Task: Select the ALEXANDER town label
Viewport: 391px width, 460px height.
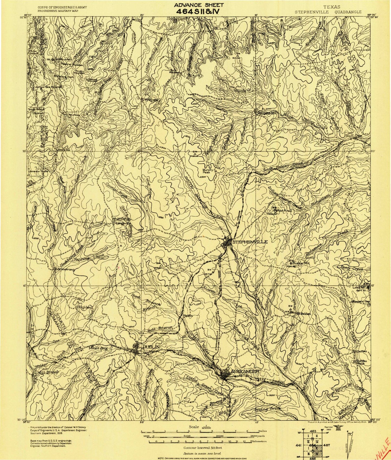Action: [245, 372]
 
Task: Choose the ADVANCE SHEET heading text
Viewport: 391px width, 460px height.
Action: [199, 5]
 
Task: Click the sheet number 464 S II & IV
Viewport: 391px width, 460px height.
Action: [199, 12]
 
